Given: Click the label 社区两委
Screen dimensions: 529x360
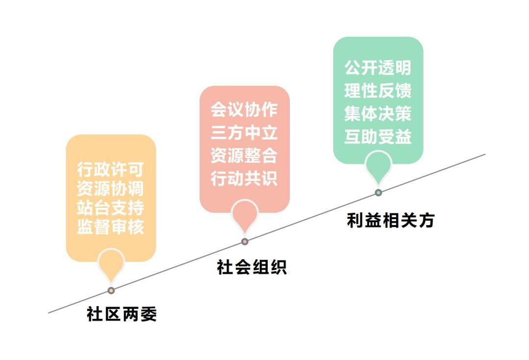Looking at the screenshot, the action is point(122,314).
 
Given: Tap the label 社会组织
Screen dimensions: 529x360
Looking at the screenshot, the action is point(252,267).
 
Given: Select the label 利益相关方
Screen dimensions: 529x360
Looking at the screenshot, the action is point(391,220).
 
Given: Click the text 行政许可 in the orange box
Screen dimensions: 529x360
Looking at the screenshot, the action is point(111,169).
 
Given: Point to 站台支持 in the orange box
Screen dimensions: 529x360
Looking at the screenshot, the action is point(111,208).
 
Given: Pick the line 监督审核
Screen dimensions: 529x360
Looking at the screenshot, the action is point(111,227).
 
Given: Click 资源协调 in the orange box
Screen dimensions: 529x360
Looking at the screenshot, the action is point(111,189).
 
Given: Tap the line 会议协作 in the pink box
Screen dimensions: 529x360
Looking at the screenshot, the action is point(244,109).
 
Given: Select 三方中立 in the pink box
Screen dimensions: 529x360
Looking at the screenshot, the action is point(244,132).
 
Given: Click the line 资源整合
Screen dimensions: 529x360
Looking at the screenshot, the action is point(244,155).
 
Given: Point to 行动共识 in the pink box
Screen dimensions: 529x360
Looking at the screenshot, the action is point(244,178).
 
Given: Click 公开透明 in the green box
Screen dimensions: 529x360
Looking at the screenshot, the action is point(378,68).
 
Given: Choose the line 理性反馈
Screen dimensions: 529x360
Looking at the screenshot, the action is point(378,91).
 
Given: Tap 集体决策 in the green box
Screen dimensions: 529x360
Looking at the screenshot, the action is point(378,114).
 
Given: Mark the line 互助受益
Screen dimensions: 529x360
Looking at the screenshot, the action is point(378,137).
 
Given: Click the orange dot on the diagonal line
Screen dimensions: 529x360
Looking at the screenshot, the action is point(111,290).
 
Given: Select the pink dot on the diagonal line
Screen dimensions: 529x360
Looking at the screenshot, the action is point(245,242).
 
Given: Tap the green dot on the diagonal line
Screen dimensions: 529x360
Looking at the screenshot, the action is point(378,193).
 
